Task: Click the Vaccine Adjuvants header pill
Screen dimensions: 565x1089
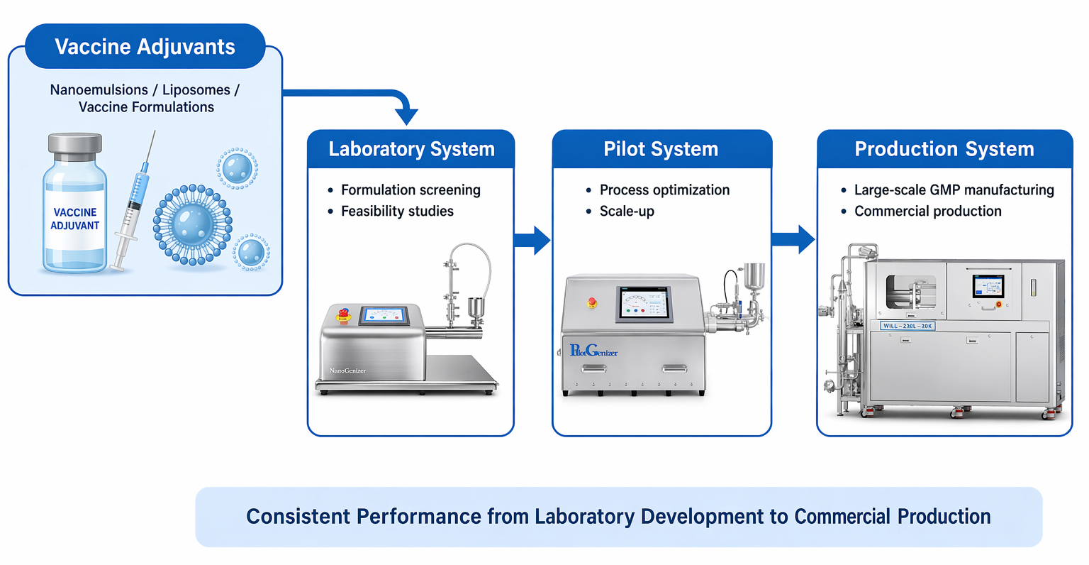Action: click(145, 47)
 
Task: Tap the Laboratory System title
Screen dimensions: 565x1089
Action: click(411, 149)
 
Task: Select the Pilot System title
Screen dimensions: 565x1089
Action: click(661, 149)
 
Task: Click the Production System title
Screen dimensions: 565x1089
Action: click(944, 149)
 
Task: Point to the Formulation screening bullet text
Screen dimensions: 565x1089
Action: click(411, 190)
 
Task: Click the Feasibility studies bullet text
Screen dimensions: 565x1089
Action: click(397, 212)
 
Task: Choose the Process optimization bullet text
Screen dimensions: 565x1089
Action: click(664, 190)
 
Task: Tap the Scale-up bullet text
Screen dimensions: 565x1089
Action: click(627, 212)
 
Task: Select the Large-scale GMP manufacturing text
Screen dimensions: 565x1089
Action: click(954, 190)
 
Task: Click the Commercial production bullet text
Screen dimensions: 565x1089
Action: click(927, 212)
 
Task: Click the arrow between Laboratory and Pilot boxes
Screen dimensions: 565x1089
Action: click(532, 240)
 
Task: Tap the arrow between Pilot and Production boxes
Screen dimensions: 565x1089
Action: click(793, 239)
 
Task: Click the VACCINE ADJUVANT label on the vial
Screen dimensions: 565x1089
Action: click(74, 219)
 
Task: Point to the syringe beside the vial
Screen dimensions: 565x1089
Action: click(134, 202)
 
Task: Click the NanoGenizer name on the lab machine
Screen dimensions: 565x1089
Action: click(347, 371)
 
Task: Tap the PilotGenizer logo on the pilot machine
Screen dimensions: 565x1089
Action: click(593, 351)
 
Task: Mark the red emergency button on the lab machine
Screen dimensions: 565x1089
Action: click(343, 314)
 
